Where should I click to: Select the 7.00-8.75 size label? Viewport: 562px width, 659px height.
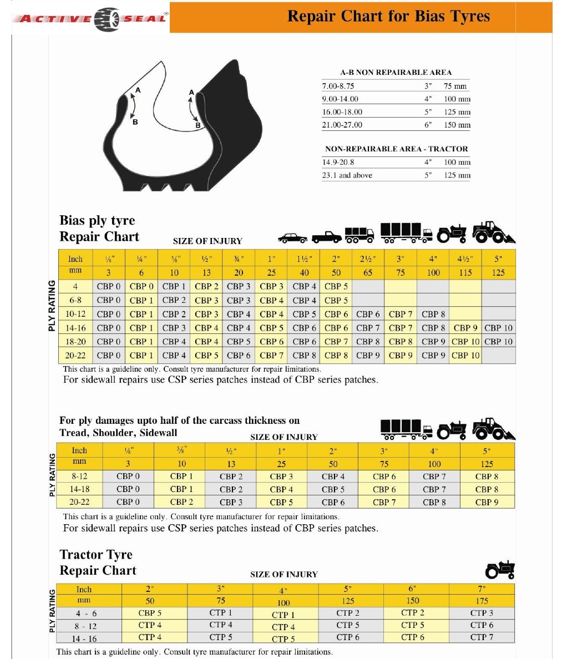click(x=338, y=86)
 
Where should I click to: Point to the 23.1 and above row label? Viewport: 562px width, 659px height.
click(x=347, y=175)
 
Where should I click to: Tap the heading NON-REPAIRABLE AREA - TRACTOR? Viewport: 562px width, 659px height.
click(x=396, y=149)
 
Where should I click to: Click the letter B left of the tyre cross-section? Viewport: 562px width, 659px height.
click(x=135, y=121)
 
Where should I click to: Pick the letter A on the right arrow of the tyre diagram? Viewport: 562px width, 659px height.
click(x=191, y=93)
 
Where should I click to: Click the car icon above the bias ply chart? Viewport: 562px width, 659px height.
click(x=292, y=237)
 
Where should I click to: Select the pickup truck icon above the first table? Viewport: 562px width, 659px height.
click(x=326, y=237)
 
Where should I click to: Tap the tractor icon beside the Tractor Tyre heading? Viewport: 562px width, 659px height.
click(x=500, y=569)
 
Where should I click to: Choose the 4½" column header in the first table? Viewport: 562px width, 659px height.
click(x=465, y=258)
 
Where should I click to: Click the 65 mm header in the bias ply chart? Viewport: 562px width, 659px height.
click(x=368, y=272)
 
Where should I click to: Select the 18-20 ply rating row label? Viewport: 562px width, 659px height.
click(x=75, y=342)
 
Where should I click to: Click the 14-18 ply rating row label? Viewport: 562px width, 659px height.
click(x=79, y=489)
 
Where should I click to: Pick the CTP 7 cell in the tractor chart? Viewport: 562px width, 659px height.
click(x=482, y=637)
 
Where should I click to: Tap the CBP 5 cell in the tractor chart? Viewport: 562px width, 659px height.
click(x=150, y=613)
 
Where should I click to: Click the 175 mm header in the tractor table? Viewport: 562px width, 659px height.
click(x=482, y=601)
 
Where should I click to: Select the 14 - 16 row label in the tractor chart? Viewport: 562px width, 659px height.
click(x=84, y=638)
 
